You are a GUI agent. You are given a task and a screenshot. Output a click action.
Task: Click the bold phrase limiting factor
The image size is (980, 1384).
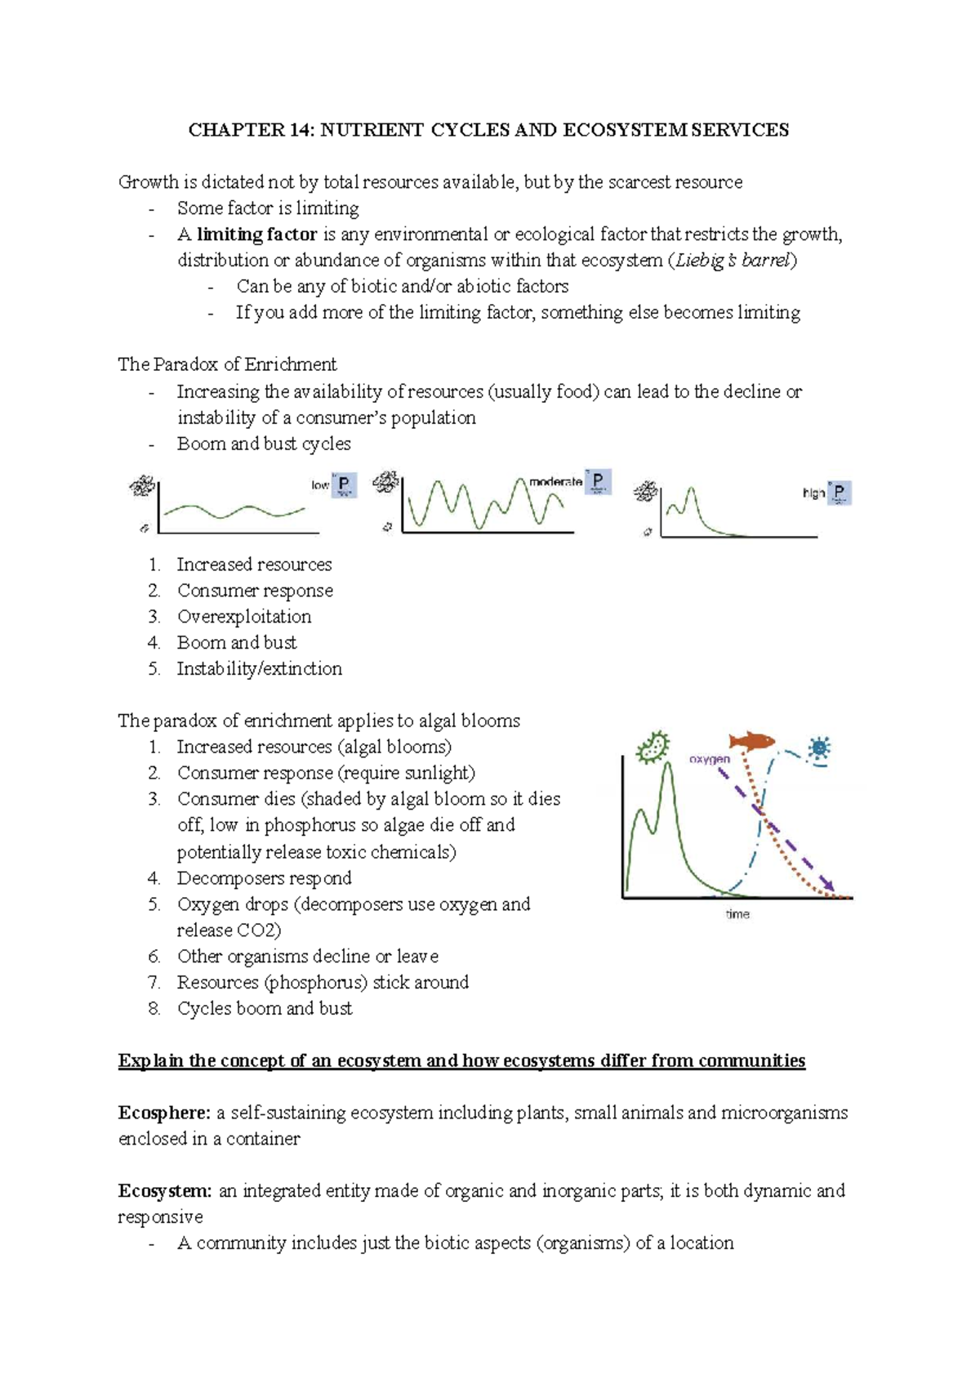tap(256, 234)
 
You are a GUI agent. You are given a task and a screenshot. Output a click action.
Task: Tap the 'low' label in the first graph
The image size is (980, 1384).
tap(319, 485)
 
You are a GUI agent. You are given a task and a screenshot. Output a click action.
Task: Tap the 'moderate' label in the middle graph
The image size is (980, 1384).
tap(555, 482)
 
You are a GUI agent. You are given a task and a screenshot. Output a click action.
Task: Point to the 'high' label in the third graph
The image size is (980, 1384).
tap(813, 493)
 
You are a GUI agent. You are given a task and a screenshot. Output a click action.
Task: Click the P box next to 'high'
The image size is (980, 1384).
tap(839, 493)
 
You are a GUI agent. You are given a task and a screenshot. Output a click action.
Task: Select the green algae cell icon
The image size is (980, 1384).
tap(653, 748)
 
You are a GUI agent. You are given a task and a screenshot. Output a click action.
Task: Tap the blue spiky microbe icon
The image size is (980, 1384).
tap(819, 748)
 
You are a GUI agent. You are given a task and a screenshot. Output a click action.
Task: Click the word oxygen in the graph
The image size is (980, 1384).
tap(709, 759)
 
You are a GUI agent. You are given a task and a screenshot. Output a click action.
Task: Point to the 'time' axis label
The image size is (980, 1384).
tap(737, 914)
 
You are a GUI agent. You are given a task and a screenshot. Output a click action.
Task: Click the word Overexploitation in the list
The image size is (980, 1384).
tap(244, 617)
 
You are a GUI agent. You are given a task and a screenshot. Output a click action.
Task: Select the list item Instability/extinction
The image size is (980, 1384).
tap(259, 669)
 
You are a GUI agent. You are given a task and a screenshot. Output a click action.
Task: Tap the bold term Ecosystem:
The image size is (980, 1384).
tap(165, 1191)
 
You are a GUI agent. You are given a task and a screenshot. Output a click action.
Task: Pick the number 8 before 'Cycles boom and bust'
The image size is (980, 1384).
tap(154, 1009)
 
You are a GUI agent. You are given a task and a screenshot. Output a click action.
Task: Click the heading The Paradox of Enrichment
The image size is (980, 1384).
tap(227, 364)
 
